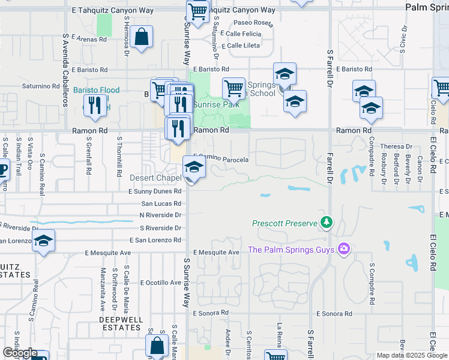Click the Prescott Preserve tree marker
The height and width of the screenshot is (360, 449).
click(x=326, y=223)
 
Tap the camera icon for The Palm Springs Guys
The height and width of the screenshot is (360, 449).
click(x=343, y=248)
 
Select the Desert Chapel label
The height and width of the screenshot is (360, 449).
click(x=155, y=178)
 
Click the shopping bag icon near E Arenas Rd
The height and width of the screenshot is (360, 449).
click(x=141, y=37)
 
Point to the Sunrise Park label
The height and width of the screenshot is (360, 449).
click(x=214, y=104)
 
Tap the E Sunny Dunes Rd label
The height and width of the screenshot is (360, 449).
click(x=154, y=191)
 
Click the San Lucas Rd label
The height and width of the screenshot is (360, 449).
click(x=161, y=204)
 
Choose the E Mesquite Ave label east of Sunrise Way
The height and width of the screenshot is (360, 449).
click(x=216, y=253)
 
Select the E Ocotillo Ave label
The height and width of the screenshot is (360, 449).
click(x=160, y=283)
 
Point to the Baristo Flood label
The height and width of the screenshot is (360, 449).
click(x=96, y=91)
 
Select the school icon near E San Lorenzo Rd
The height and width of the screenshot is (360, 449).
click(x=43, y=242)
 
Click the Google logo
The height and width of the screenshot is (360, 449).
click(x=20, y=353)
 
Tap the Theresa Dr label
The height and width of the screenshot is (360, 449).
click(x=396, y=146)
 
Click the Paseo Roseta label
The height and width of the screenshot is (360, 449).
click(x=256, y=24)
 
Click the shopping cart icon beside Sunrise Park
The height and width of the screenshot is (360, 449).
click(x=234, y=89)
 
